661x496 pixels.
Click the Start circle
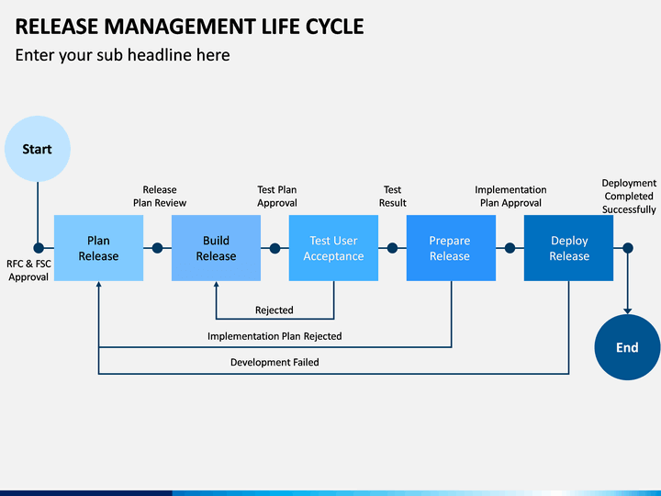click(x=38, y=149)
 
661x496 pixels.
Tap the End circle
click(x=627, y=347)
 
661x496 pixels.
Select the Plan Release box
click(x=98, y=248)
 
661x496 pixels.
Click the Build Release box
click(x=216, y=248)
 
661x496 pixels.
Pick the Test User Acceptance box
click(x=333, y=248)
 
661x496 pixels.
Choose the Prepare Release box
click(x=451, y=248)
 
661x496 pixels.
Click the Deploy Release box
click(x=568, y=248)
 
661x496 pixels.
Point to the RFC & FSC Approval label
click(x=28, y=270)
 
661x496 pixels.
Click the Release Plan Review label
click(x=160, y=197)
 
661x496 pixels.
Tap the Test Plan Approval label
click(x=277, y=197)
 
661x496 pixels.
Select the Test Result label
click(x=393, y=197)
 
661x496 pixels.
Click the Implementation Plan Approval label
click(x=510, y=197)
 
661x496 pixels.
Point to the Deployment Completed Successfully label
click(x=629, y=197)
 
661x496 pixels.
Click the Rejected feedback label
click(x=274, y=310)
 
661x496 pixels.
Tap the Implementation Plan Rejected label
click(x=274, y=336)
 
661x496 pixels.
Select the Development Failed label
click(x=274, y=362)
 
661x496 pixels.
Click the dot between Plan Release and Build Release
click(x=157, y=248)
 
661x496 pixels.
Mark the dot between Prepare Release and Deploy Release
click(x=510, y=248)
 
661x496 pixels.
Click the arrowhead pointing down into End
click(x=628, y=311)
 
